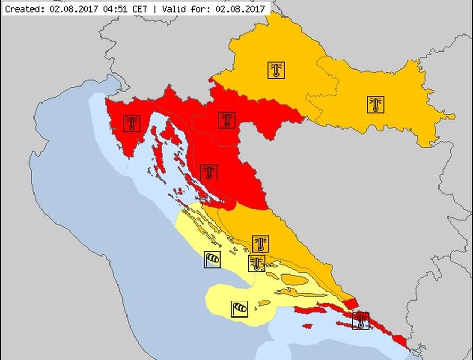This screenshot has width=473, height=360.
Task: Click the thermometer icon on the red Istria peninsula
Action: [x=131, y=123]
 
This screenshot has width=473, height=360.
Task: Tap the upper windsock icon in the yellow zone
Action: [x=212, y=259]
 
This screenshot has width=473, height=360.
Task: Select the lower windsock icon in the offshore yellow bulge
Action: [x=239, y=308]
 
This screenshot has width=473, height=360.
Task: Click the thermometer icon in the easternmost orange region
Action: [x=375, y=104]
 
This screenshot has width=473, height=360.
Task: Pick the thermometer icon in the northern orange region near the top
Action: [x=276, y=70]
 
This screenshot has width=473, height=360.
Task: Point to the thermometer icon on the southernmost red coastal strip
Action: [x=361, y=321]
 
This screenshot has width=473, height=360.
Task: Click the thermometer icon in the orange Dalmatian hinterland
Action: [x=260, y=244]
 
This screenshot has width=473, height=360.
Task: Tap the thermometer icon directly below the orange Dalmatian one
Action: [x=257, y=263]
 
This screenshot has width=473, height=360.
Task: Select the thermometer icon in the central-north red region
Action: [x=227, y=120]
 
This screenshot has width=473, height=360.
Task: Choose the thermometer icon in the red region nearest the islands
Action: [x=209, y=172]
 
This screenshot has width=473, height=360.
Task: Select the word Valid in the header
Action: [x=168, y=9]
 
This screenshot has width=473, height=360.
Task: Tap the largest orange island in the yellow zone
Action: [x=294, y=279]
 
